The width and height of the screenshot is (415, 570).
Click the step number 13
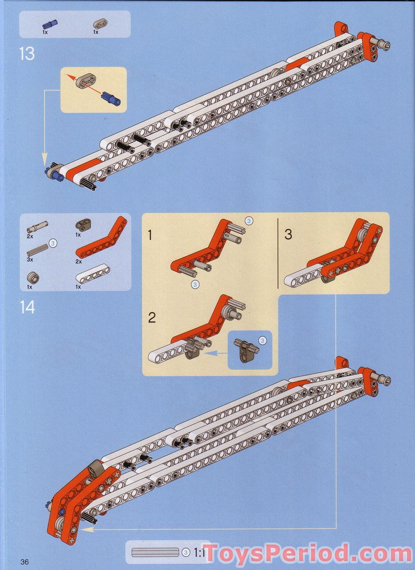pyautogui.click(x=27, y=53)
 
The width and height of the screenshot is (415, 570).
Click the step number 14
pyautogui.click(x=27, y=307)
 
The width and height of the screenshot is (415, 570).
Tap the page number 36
pyautogui.click(x=24, y=562)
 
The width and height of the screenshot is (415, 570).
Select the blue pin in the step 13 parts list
pyautogui.click(x=51, y=23)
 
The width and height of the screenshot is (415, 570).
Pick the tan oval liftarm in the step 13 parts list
pyautogui.click(x=99, y=23)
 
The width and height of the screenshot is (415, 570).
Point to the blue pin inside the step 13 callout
pyautogui.click(x=111, y=98)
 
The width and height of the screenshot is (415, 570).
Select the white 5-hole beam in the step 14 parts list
pyautogui.click(x=93, y=274)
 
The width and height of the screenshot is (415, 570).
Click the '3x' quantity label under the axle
pyautogui.click(x=30, y=260)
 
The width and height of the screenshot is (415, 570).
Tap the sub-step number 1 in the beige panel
pyautogui.click(x=151, y=235)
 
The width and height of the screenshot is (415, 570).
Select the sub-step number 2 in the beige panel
pyautogui.click(x=152, y=318)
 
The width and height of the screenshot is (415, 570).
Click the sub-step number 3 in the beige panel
pyautogui.click(x=288, y=234)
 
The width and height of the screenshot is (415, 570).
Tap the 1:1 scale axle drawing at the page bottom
pyautogui.click(x=155, y=553)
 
